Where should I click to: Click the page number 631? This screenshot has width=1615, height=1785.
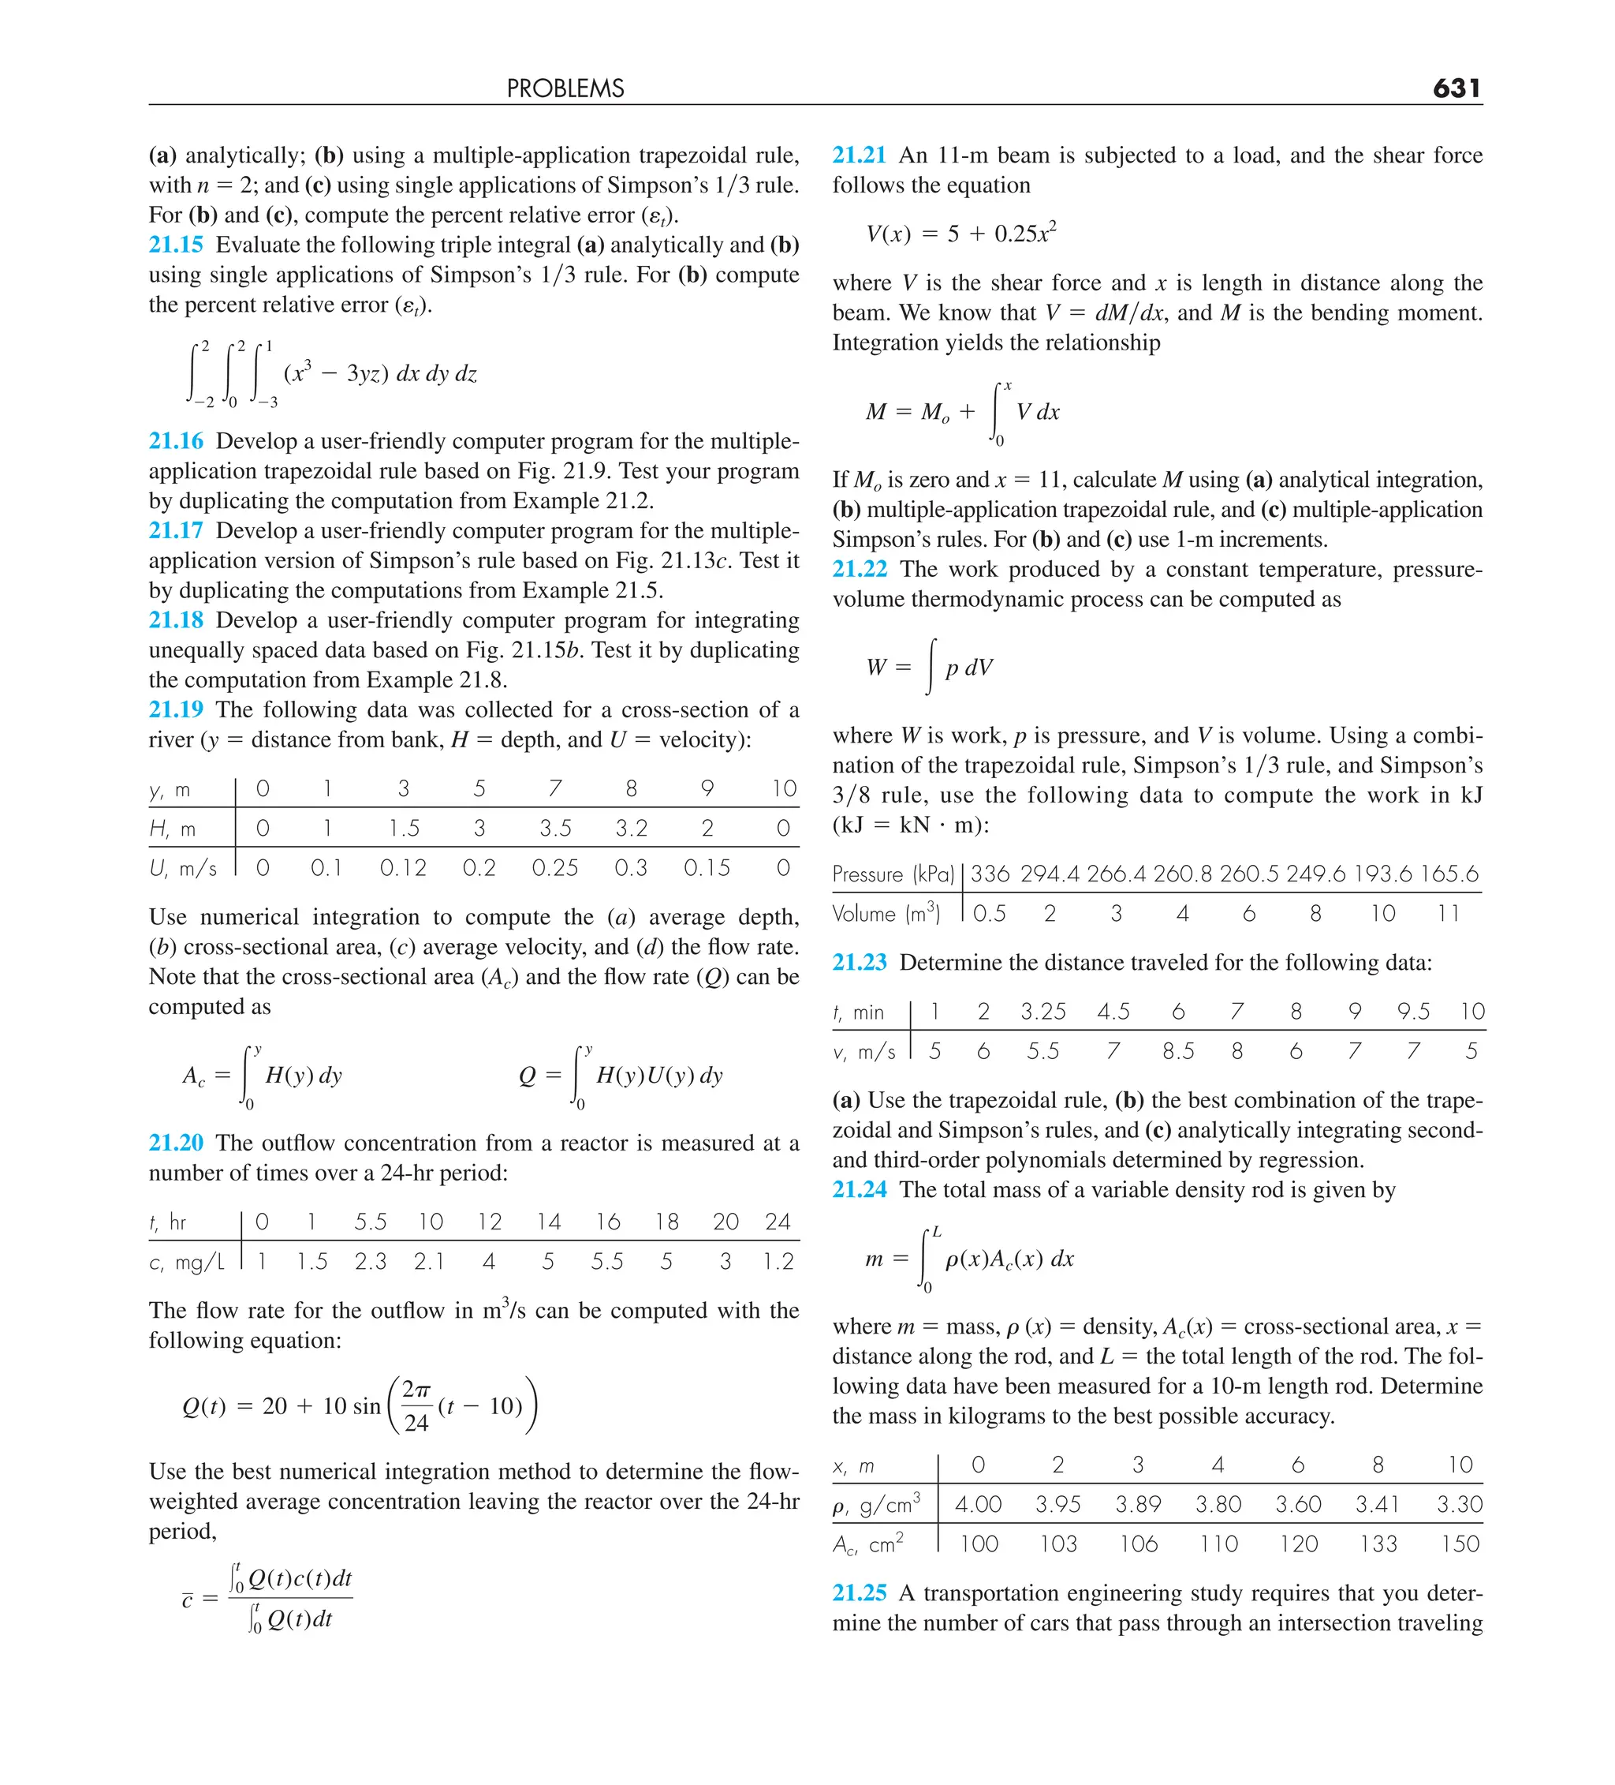(x=1456, y=88)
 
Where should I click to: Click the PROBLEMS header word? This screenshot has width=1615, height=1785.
(x=565, y=88)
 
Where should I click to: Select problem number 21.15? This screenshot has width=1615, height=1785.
(x=176, y=245)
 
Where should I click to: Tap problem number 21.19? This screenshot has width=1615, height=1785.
(x=176, y=710)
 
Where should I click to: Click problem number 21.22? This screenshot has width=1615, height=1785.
(x=860, y=569)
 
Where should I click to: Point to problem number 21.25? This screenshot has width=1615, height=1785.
(x=860, y=1593)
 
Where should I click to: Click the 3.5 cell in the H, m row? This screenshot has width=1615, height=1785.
(x=555, y=829)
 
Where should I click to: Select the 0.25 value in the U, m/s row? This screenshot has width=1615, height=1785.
(x=555, y=869)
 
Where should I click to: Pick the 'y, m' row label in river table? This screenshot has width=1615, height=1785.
(x=170, y=790)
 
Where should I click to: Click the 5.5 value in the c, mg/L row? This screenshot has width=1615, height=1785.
(x=607, y=1262)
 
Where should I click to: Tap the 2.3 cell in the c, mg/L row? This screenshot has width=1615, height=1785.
(x=370, y=1262)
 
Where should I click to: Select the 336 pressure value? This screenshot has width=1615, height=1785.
(x=990, y=875)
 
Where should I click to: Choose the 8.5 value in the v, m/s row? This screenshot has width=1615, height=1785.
(x=1178, y=1052)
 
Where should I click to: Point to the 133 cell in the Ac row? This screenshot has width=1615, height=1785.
(x=1378, y=1544)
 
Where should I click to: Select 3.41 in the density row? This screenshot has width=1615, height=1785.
(x=1378, y=1504)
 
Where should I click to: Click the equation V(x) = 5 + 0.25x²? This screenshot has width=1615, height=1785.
(x=961, y=234)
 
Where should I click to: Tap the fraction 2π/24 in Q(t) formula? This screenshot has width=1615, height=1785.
(x=416, y=1406)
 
